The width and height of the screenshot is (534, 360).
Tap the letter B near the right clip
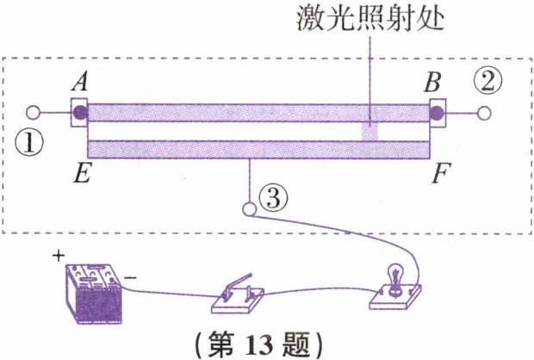[x=434, y=83]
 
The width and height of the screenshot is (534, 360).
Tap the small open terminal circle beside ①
[x=33, y=112]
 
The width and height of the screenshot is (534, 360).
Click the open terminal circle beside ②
[x=484, y=112]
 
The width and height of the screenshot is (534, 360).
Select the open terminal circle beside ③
[x=250, y=208]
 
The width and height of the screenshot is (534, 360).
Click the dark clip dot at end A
[x=78, y=112]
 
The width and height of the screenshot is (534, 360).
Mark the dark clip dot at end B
[x=438, y=112]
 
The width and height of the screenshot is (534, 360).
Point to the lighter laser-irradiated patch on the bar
[x=369, y=130]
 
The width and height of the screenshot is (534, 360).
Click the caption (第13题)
[x=264, y=343]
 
